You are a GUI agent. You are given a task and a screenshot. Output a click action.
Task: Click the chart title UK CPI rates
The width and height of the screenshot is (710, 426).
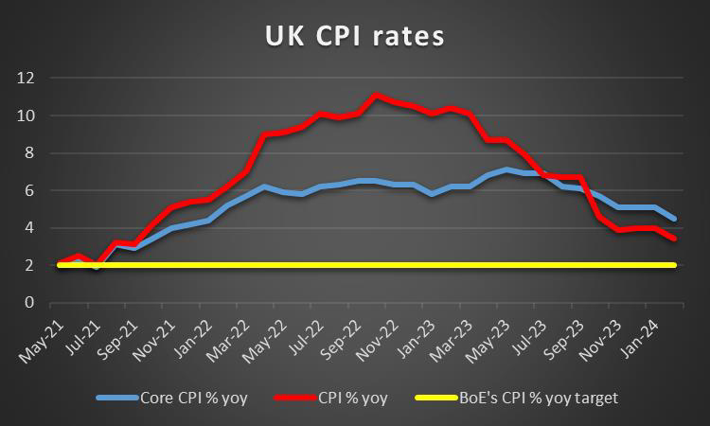click(354, 38)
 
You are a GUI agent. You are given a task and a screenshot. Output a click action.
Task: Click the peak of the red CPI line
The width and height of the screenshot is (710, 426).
click(377, 96)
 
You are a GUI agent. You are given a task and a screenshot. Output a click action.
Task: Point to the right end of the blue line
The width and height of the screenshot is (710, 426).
click(673, 219)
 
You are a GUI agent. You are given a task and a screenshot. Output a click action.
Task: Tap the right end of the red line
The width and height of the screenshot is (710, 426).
click(673, 239)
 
